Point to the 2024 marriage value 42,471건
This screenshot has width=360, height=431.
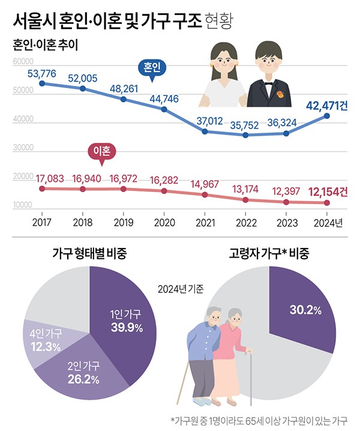pyautogui.click(x=326, y=106)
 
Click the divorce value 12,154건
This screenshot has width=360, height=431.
pyautogui.click(x=328, y=192)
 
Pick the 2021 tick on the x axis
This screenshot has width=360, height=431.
pyautogui.click(x=205, y=223)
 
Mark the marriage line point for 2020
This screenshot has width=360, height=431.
pyautogui.click(x=164, y=109)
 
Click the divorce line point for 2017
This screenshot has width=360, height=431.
pyautogui.click(x=41, y=188)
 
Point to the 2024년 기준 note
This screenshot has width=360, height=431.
pyautogui.click(x=180, y=289)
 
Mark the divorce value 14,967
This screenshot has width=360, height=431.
pyautogui.click(x=205, y=182)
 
